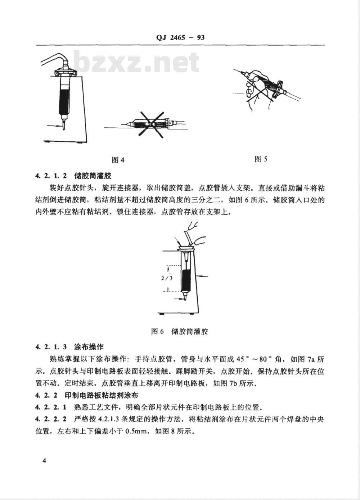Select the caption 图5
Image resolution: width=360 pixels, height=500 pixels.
pyautogui.click(x=261, y=159)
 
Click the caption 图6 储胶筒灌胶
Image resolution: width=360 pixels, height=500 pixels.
pyautogui.click(x=180, y=331)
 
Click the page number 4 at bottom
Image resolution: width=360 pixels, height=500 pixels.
pyautogui.click(x=44, y=461)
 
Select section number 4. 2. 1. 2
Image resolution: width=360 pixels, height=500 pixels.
pyautogui.click(x=51, y=176)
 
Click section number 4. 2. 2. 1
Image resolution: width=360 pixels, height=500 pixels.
pyautogui.click(x=51, y=408)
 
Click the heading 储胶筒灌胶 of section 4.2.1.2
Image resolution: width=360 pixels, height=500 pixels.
pyautogui.click(x=93, y=176)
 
